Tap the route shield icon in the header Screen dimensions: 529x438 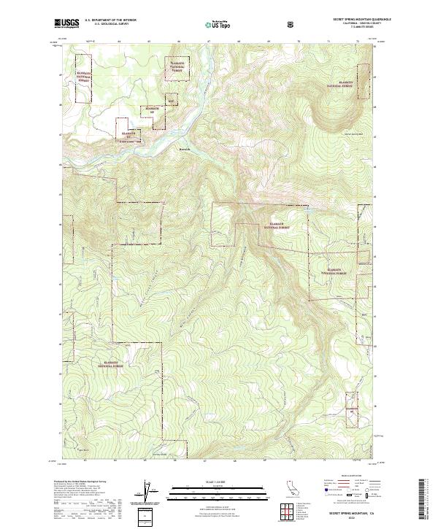click(292, 25)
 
